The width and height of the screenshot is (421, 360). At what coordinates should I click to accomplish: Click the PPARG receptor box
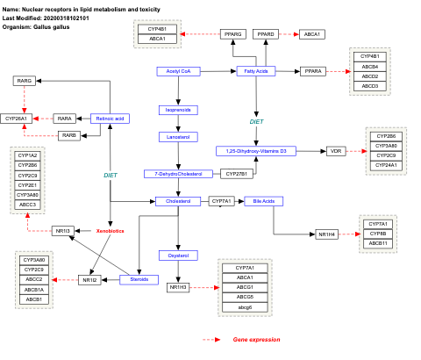point(232,33)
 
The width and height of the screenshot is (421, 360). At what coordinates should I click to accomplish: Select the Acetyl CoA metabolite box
point(179,70)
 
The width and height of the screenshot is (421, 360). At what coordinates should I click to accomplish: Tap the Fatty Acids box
point(256,70)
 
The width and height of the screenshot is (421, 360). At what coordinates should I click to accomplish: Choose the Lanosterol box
point(173,137)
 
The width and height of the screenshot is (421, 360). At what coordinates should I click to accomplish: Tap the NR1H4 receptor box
point(327,234)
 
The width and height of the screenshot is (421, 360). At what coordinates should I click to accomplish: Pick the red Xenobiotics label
point(110,230)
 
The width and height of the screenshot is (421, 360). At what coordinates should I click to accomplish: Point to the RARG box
point(25,81)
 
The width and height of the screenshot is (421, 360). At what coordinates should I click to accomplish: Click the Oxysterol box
point(173,255)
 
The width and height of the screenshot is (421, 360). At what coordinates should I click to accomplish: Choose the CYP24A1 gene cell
point(386,165)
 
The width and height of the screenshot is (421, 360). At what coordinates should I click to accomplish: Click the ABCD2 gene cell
point(370,76)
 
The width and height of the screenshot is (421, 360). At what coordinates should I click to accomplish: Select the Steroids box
point(139,279)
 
